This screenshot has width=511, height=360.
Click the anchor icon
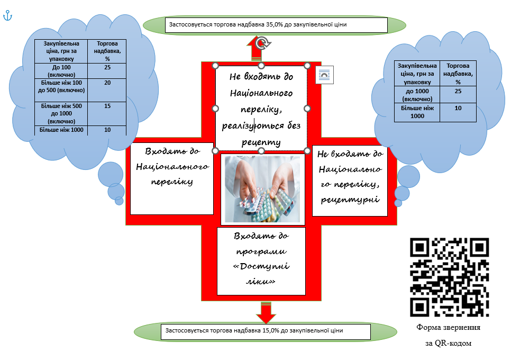pos(7,15)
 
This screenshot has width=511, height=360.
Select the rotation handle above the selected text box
pos(262,43)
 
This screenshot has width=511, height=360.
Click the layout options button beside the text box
pos(325,75)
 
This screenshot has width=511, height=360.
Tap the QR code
pos(450,277)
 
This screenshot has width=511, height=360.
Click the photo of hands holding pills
pos(262,189)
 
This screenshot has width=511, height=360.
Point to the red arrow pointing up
pos(257,49)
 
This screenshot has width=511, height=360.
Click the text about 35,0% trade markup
pos(258,24)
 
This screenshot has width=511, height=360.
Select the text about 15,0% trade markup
pos(254,330)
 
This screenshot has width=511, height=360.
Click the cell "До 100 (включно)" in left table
pos(61,71)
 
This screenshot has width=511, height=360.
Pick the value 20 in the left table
pos(107,83)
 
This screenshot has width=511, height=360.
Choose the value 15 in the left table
pos(107,106)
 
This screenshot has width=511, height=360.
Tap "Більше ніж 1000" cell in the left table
pos(61,130)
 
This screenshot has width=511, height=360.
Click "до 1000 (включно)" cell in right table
pos(417,95)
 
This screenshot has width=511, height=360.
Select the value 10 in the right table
pos(458,108)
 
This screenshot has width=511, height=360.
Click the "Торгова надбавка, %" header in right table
pos(458,74)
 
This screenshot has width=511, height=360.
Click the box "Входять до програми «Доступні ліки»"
pos(261,261)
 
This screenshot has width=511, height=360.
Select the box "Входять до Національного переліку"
pos(172,179)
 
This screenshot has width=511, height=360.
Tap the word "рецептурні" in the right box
pos(350,199)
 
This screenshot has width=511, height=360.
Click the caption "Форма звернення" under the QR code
pos(449,327)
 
